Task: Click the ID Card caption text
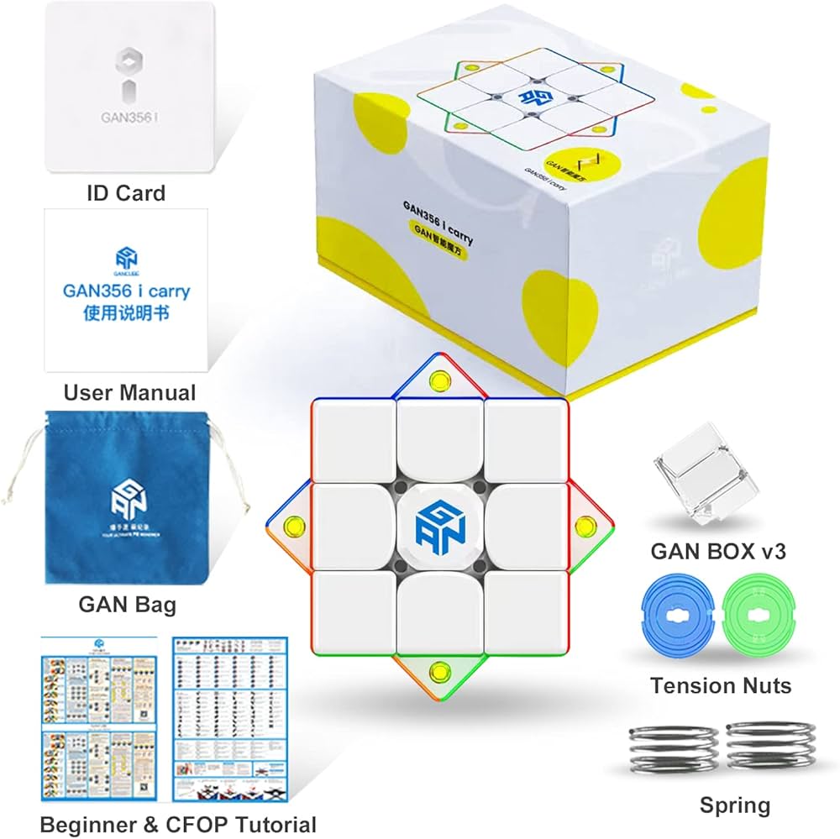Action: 126,193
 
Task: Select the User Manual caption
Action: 129,392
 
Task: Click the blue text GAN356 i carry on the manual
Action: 127,291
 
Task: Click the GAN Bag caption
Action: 127,603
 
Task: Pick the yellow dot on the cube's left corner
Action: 294,528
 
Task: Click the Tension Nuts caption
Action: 721,685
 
